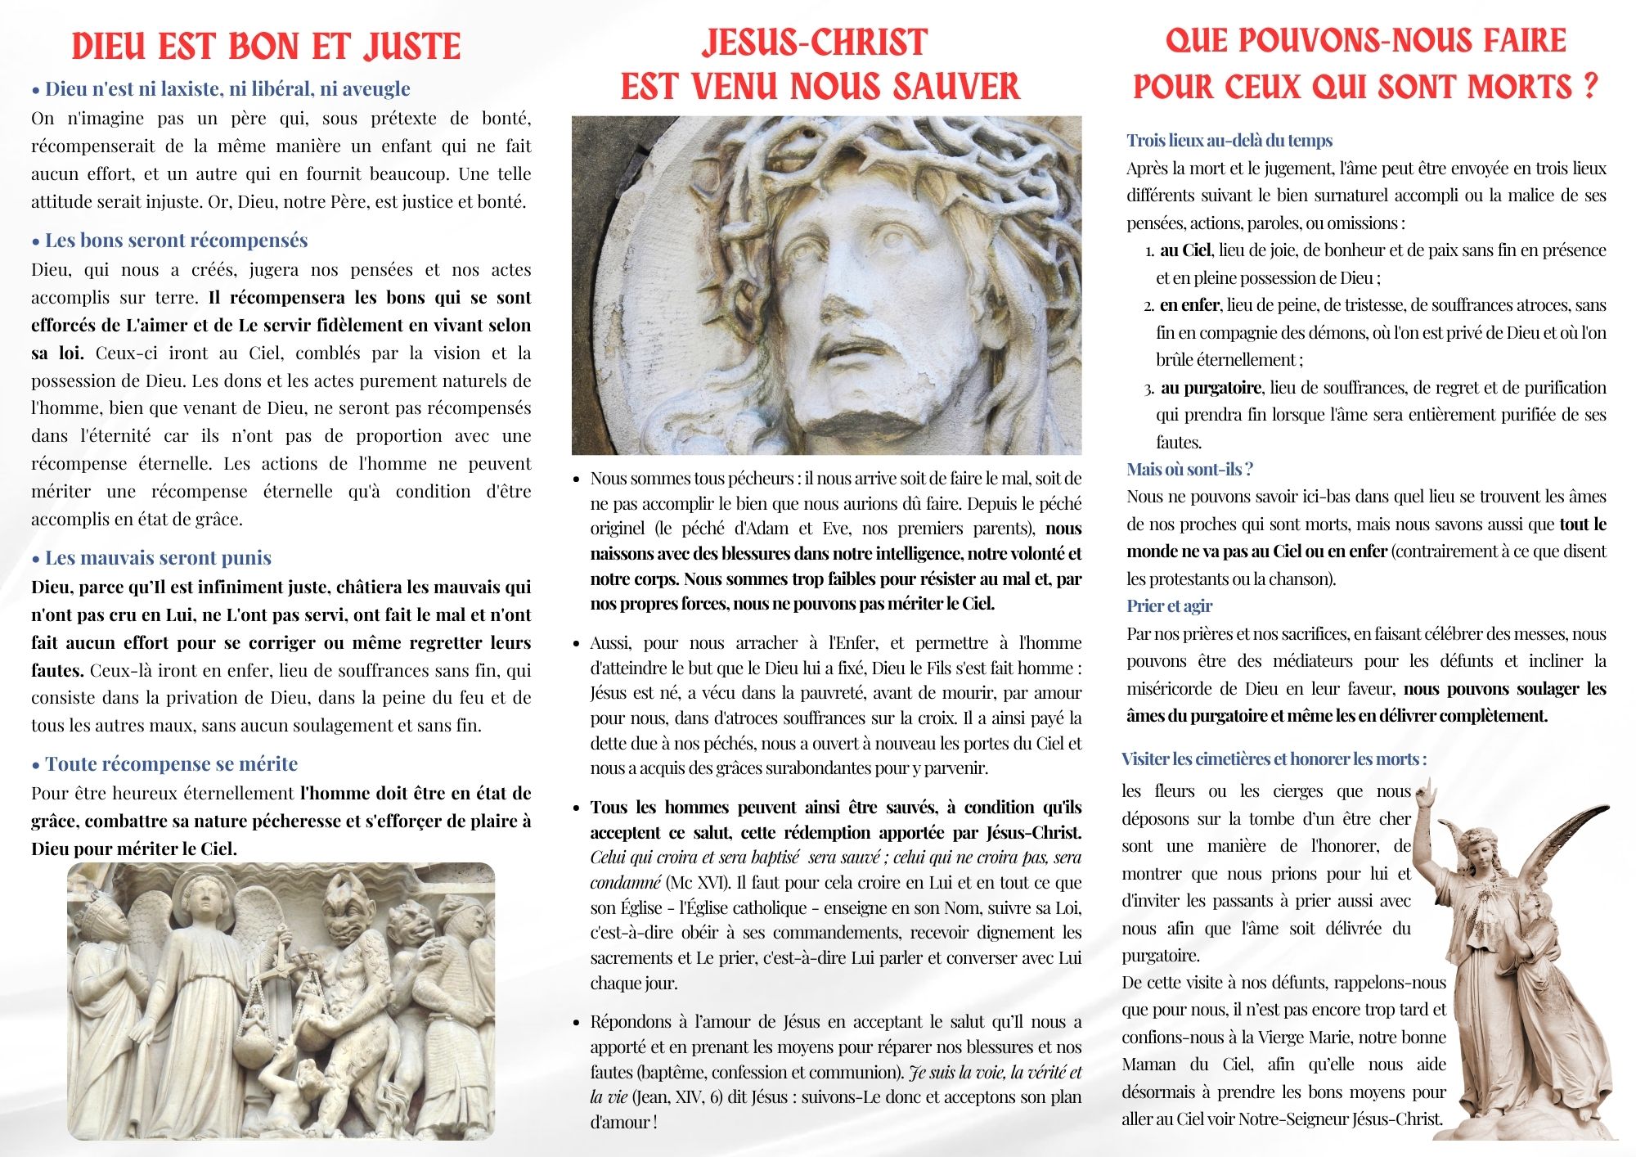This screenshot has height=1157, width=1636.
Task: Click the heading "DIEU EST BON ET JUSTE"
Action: point(266,46)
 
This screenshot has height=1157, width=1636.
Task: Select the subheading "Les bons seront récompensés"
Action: point(176,240)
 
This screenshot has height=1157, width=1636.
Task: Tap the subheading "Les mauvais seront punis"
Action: point(158,557)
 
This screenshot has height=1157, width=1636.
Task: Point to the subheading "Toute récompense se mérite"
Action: point(171,763)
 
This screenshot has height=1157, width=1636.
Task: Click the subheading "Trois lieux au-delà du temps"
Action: point(1229,140)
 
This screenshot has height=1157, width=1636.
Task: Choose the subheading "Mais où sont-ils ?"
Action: point(1189,469)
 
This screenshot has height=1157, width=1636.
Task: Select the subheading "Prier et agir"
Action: point(1169,606)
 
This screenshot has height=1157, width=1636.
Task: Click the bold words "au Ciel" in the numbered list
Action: point(1185,250)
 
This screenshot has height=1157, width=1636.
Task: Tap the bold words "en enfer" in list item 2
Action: point(1189,305)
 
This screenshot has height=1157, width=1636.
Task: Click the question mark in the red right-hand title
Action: point(1589,85)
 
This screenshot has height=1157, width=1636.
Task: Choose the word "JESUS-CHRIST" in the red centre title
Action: point(814,43)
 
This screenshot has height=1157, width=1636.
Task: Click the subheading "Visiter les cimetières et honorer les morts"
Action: point(1274,759)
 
